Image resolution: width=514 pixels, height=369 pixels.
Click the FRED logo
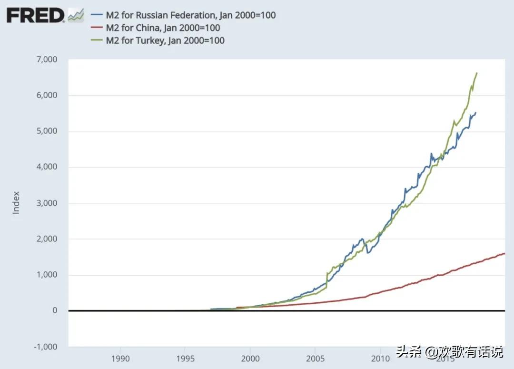[35, 16]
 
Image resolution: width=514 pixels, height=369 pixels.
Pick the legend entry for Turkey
[161, 40]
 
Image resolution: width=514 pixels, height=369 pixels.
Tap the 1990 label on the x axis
[120, 358]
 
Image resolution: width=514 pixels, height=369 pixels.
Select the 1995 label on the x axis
[186, 358]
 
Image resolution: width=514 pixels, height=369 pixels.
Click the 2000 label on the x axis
[250, 358]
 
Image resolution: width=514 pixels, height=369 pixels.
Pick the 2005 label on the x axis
[315, 358]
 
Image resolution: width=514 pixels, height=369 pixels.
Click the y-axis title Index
[16, 203]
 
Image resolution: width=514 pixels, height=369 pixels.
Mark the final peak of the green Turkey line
[477, 73]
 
